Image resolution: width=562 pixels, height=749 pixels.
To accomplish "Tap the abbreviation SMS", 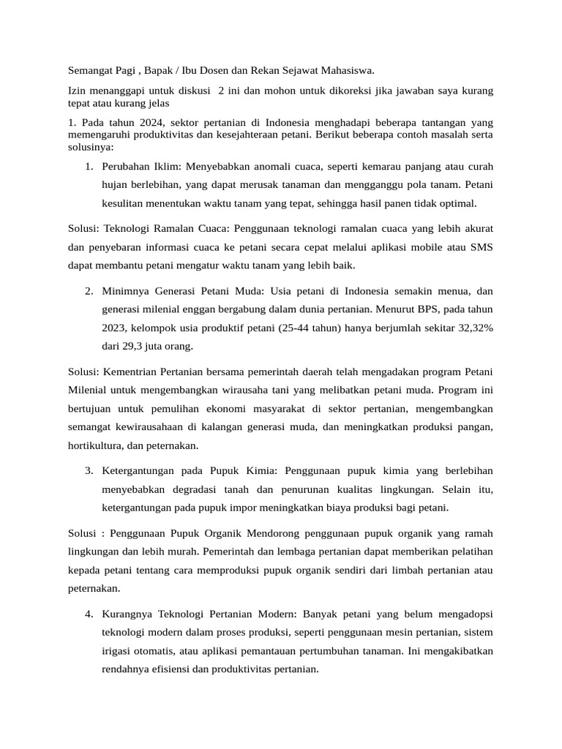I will [480, 247].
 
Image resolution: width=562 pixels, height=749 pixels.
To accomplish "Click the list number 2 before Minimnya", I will [89, 291].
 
